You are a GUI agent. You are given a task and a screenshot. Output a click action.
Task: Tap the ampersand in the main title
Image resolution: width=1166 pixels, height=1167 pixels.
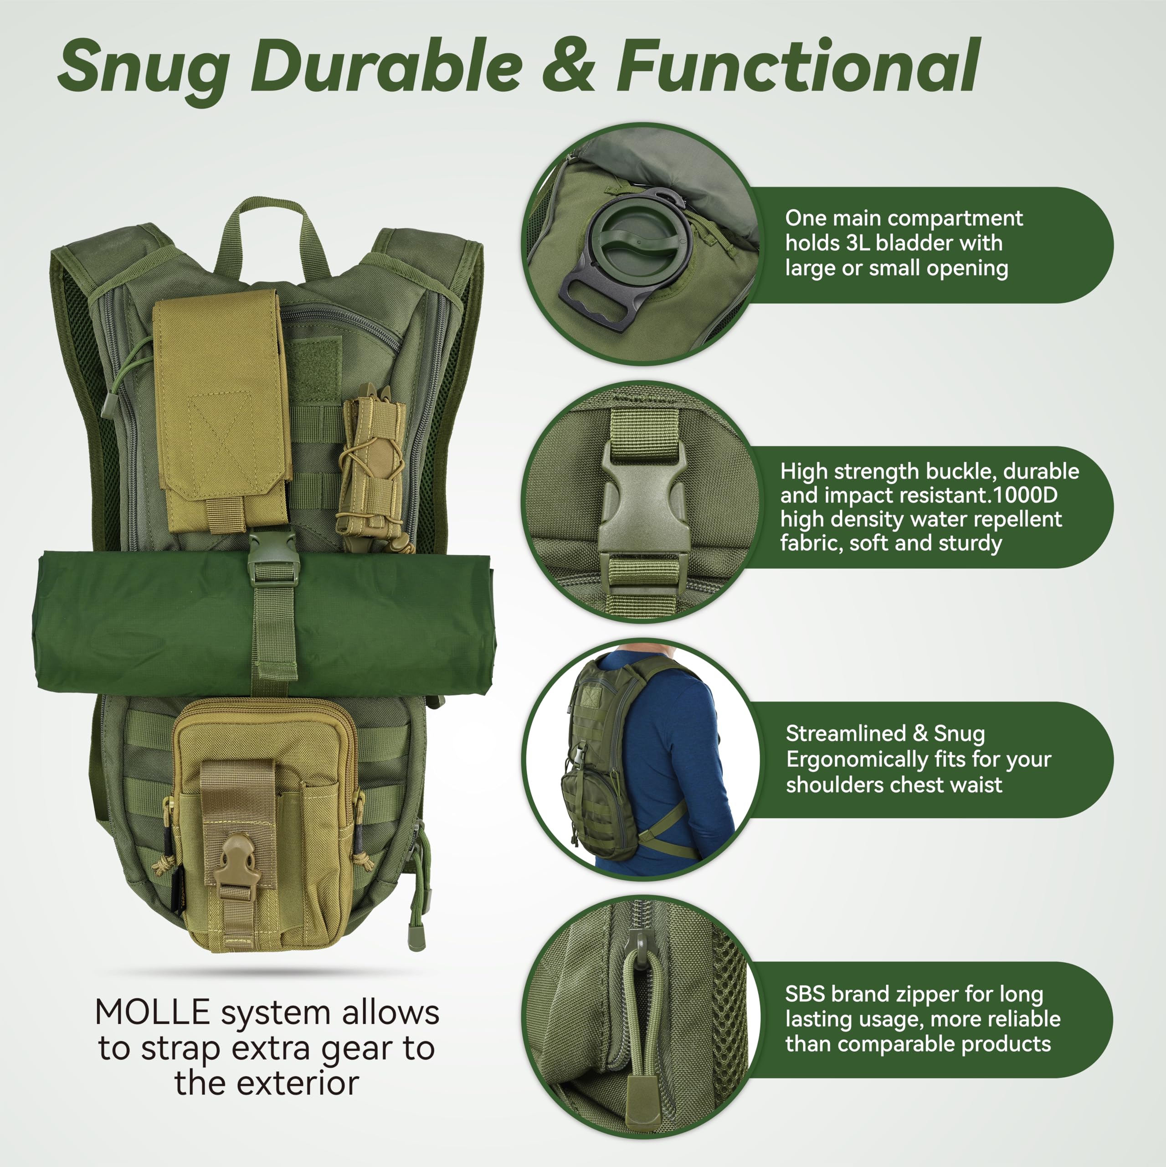568,67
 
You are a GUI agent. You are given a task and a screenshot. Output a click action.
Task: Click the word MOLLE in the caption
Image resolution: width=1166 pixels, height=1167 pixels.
152,1013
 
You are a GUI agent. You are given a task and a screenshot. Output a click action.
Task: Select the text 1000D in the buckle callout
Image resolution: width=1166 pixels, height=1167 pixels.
1025,496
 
